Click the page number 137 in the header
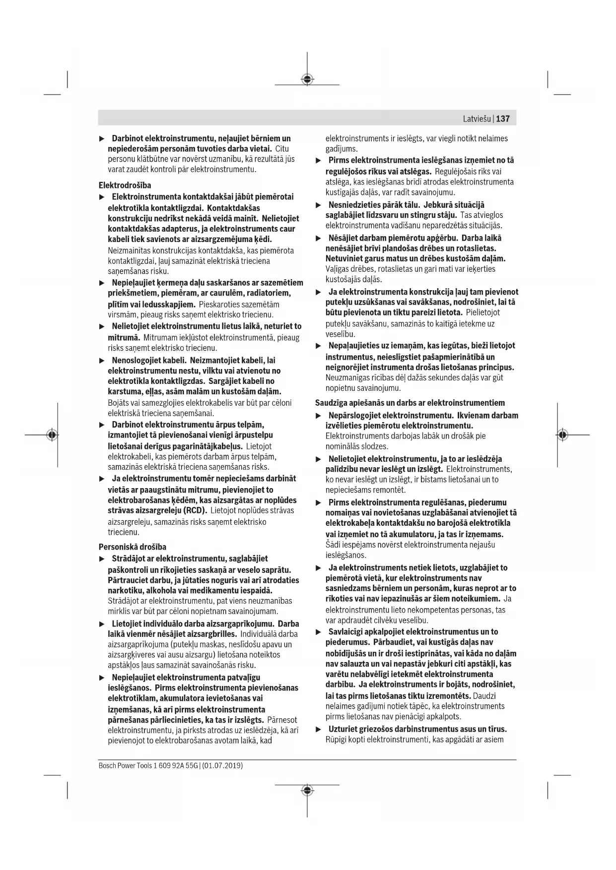[x=503, y=119]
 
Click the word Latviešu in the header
[x=477, y=119]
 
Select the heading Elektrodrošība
[x=125, y=186]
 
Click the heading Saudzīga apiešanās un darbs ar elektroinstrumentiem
[x=410, y=403]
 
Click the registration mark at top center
[x=307, y=79]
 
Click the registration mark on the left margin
[x=52, y=435]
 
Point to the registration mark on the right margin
[x=562, y=435]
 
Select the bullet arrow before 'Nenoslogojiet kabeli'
[x=102, y=361]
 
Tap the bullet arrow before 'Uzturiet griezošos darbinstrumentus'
[x=319, y=730]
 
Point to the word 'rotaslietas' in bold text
[x=477, y=248]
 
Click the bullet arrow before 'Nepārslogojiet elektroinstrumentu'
[x=319, y=416]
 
